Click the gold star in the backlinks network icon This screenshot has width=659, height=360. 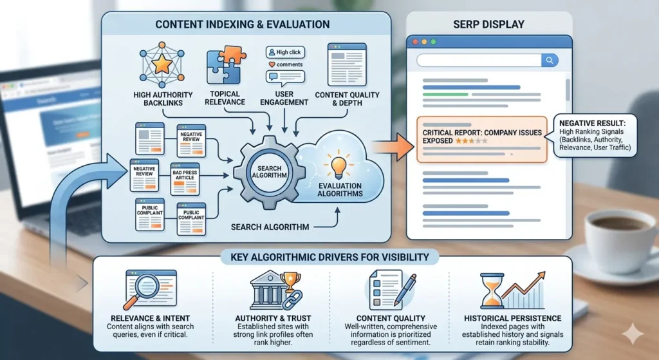(162, 65)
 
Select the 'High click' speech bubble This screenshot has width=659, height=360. (285, 52)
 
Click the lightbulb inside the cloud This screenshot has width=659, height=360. (339, 166)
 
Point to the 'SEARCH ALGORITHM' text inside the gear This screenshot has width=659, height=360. (270, 171)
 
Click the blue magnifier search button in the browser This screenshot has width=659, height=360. (550, 60)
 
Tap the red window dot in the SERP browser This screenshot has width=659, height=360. (415, 42)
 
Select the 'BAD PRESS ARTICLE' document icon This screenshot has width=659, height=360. (185, 179)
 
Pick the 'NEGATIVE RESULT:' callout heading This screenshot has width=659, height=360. (592, 123)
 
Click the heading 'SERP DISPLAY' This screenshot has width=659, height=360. (489, 24)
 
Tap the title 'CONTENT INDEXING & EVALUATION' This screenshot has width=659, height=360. (243, 24)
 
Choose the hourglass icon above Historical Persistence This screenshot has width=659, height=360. (492, 290)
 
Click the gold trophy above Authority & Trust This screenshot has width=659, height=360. (290, 281)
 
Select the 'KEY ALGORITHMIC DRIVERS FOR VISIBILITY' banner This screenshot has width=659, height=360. (329, 257)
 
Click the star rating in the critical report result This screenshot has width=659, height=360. (472, 141)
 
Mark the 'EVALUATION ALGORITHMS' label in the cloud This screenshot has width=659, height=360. (340, 190)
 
